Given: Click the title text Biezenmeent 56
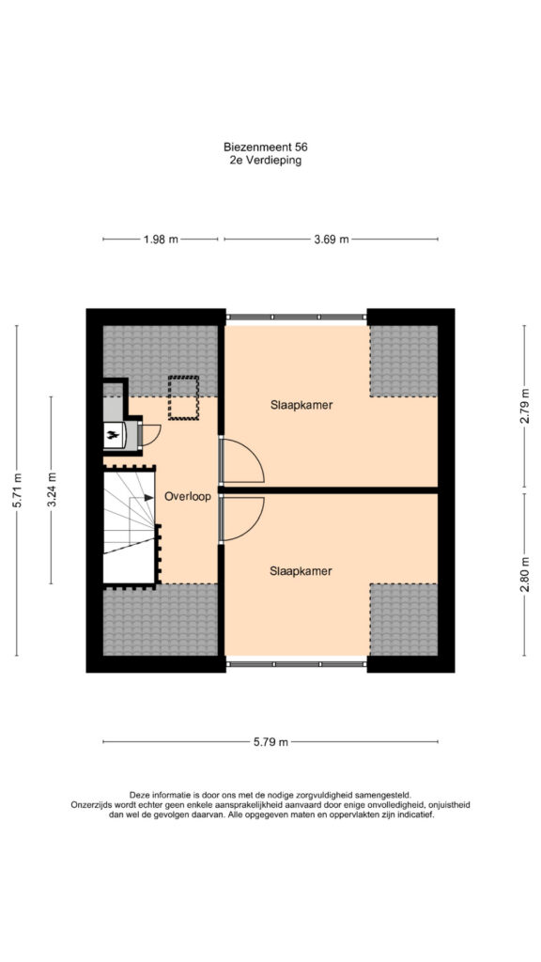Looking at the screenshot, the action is tap(265, 147).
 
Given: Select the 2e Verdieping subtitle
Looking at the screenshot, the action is tap(265, 161).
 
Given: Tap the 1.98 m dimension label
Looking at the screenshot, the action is tap(161, 240).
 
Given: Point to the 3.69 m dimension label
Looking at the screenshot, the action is tap(332, 240).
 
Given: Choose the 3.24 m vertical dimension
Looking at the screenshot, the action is tap(53, 489).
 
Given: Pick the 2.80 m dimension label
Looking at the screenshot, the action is tap(524, 574).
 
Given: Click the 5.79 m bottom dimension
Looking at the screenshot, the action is tap(270, 742).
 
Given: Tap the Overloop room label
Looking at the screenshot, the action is tap(188, 497).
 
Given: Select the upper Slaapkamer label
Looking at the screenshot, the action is tap(301, 405).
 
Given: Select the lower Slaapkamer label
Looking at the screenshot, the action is tap(301, 570).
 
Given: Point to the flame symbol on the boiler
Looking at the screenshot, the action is tap(113, 435).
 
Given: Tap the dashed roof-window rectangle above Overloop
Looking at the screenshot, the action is tap(183, 397).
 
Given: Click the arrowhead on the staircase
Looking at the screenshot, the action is tap(149, 498).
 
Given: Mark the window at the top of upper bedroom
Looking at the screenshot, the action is tap(296, 318).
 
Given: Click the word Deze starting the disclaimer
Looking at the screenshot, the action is tap(139, 795).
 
